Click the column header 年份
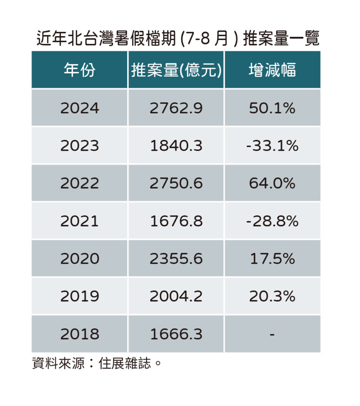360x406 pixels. [x=80, y=71]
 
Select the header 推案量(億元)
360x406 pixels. [x=176, y=71]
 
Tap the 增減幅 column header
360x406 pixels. [x=272, y=71]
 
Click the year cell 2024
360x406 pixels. [x=80, y=108]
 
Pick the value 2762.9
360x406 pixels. [x=176, y=108]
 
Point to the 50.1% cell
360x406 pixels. [x=272, y=108]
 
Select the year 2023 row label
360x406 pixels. [x=80, y=146]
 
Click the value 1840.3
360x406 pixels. [x=176, y=146]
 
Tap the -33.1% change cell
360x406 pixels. [x=272, y=146]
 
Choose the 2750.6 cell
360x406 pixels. [x=176, y=183]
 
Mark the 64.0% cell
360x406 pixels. [x=272, y=183]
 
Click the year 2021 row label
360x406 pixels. [x=80, y=221]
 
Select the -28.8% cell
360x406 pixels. [x=272, y=221]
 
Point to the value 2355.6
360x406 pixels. [x=176, y=259]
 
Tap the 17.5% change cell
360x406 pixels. [x=272, y=259]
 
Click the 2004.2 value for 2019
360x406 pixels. [x=176, y=296]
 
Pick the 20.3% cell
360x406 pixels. [x=272, y=296]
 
